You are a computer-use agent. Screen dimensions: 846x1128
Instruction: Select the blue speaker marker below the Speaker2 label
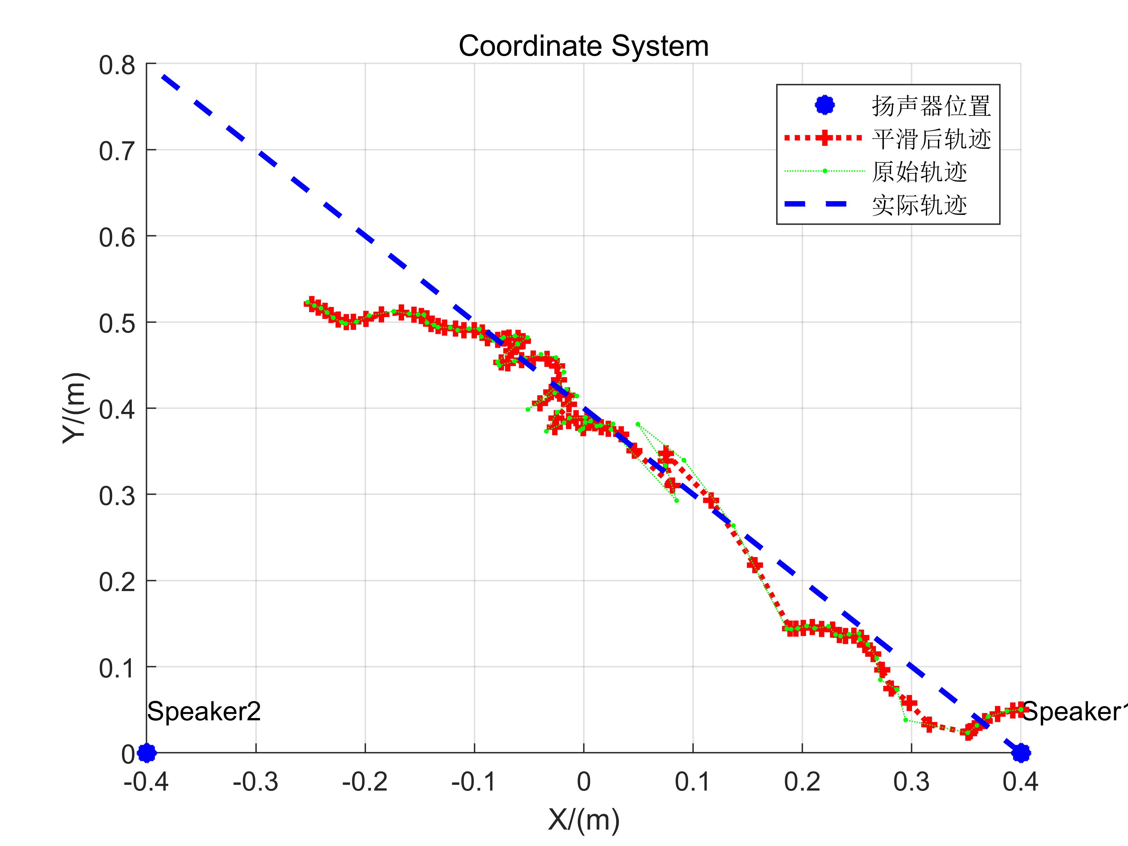147,752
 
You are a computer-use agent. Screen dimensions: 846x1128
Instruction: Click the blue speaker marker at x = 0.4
1020,752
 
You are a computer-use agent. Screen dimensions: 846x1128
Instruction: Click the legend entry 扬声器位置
931,106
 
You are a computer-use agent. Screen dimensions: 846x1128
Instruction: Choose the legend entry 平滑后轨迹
931,139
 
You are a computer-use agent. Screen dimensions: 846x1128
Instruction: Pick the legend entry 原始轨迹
919,172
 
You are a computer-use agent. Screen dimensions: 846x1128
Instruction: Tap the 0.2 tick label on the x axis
802,782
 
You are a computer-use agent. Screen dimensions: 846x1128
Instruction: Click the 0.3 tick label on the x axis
911,782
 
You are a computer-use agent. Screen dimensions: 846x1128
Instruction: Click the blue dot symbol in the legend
825,106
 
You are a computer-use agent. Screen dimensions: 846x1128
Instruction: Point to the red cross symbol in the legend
825,138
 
